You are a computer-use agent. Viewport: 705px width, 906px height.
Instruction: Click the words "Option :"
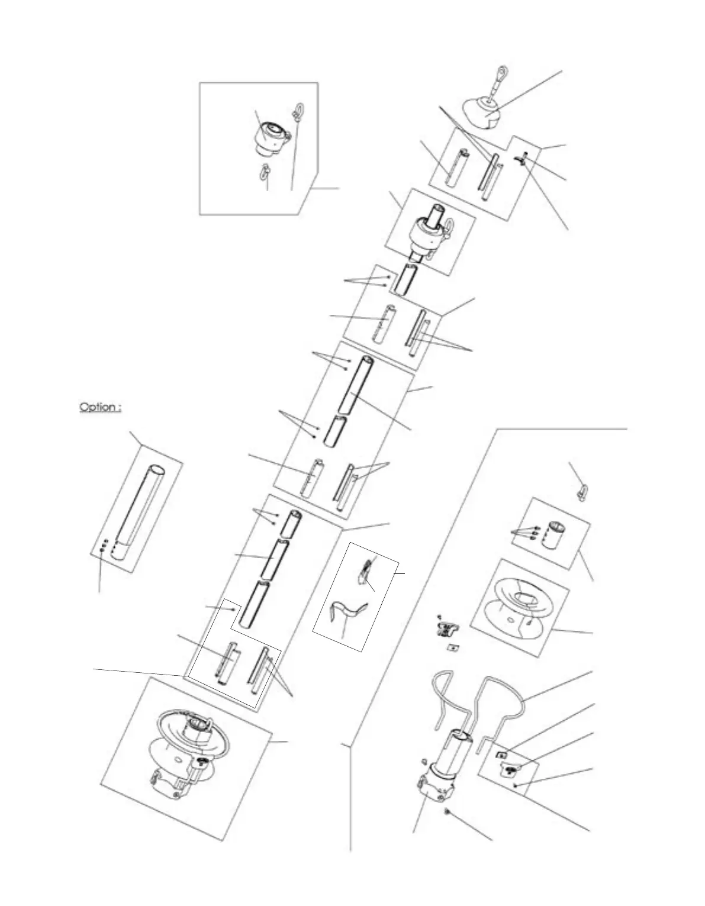pos(101,407)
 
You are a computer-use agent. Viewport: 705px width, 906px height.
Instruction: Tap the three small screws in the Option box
pos(104,545)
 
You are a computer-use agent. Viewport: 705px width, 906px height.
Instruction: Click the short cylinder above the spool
pos(557,535)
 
